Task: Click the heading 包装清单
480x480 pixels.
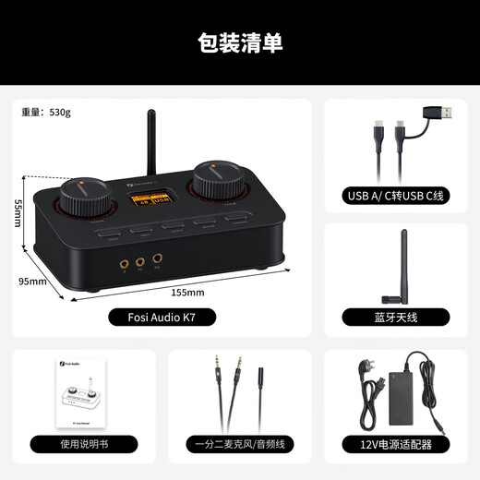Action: click(240, 42)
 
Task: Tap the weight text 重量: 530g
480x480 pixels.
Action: click(46, 113)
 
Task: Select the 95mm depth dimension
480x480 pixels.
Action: click(32, 280)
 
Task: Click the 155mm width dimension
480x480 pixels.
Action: click(187, 292)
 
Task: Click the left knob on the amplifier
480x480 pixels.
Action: click(80, 195)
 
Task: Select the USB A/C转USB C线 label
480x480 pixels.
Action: click(396, 196)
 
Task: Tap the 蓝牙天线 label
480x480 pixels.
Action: click(396, 317)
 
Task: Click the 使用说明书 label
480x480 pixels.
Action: click(84, 444)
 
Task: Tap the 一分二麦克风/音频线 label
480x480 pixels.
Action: click(239, 444)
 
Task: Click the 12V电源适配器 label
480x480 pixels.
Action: click(396, 444)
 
